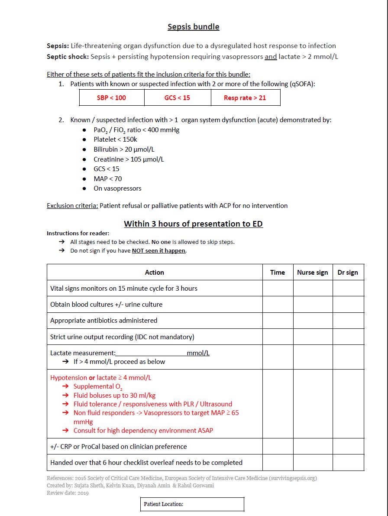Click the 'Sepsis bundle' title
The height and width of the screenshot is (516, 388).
[x=194, y=27]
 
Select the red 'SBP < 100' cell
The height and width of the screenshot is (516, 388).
[x=111, y=98]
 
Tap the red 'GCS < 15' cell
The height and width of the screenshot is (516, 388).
[x=177, y=98]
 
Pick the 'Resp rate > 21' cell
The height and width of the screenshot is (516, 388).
[x=245, y=98]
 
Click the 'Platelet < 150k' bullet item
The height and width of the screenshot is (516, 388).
[x=115, y=140]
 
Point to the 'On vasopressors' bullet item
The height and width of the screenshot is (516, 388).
[x=117, y=188]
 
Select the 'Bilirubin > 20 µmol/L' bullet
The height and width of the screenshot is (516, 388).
[x=124, y=149]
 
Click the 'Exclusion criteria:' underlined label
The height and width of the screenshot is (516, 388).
[x=72, y=206]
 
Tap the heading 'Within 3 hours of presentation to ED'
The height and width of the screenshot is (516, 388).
[x=193, y=224]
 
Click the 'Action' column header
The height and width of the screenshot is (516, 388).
[x=154, y=273]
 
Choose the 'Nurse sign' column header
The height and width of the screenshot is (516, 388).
[x=312, y=273]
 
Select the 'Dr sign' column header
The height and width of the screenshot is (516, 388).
[x=348, y=273]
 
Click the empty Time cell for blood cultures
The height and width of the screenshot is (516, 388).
[x=277, y=305]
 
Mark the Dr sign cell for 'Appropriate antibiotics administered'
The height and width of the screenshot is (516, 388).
[x=348, y=321]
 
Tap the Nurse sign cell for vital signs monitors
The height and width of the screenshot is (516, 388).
[x=312, y=289]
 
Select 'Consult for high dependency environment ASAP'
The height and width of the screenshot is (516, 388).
[x=143, y=431]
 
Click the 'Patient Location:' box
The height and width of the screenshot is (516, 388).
[x=192, y=504]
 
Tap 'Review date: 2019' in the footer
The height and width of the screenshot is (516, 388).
[x=68, y=493]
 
